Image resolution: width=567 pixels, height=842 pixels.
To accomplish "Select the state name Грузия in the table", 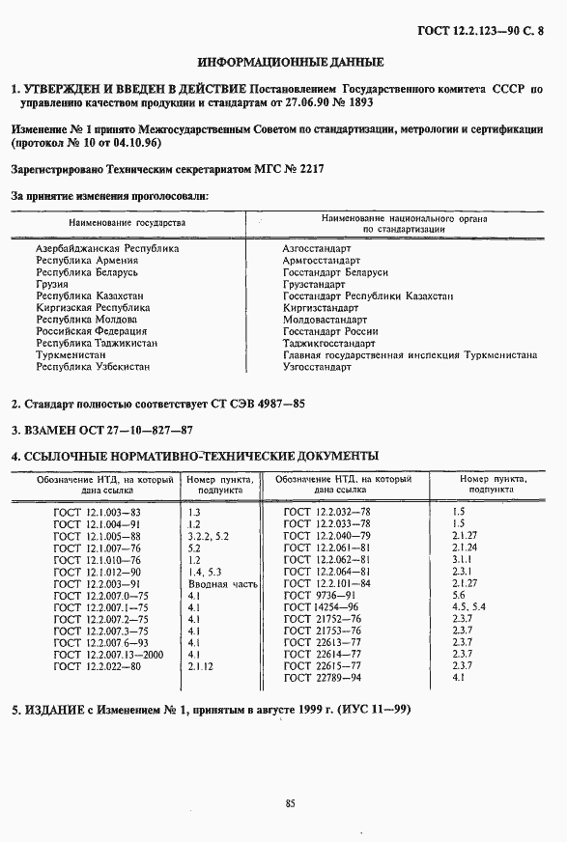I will click(52, 284).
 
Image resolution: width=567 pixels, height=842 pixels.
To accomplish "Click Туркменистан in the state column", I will click(71, 354).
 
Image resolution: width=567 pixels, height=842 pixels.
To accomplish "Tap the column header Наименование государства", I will click(127, 223).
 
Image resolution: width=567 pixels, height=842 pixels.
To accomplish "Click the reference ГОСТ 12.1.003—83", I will click(98, 511).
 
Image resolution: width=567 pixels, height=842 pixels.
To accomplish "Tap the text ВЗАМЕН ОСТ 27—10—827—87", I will click(101, 430).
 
